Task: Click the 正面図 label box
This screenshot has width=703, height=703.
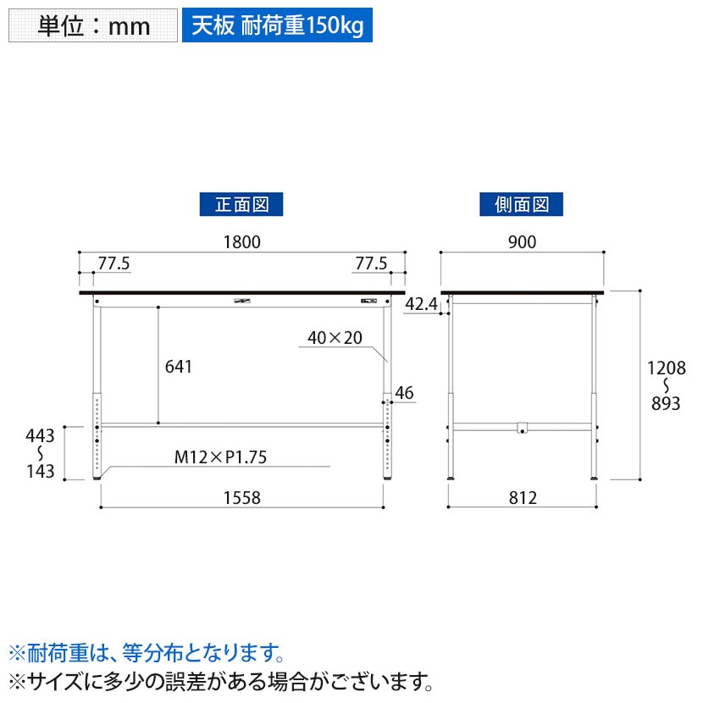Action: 241,203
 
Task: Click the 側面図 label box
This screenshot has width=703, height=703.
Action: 522,203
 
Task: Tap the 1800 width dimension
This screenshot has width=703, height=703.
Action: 242,241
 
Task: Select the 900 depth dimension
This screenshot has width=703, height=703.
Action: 523,241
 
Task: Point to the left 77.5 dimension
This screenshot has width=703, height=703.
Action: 113,263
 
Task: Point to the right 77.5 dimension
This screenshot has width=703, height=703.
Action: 371,263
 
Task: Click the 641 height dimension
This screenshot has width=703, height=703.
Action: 179,367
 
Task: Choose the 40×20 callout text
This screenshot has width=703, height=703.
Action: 335,338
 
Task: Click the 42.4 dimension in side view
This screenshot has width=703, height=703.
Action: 421,303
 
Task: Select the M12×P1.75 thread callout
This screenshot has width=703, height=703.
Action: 220,457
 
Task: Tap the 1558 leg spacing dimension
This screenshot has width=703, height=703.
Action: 242,498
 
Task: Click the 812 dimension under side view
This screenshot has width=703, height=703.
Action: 523,498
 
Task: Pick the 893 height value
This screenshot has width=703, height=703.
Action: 666,404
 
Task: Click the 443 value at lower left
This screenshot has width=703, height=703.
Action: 41,436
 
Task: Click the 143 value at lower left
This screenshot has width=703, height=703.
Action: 41,472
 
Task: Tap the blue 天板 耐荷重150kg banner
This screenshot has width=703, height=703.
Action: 277,25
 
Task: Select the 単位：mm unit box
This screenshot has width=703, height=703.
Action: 93,25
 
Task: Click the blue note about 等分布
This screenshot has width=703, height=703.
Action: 145,653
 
